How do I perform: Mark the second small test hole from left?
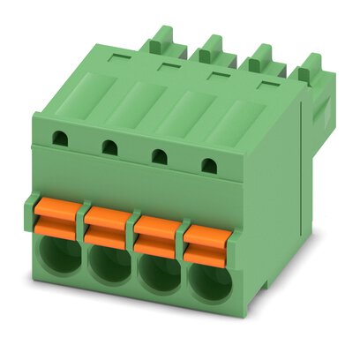(x=109, y=146)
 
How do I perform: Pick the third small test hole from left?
(x=160, y=155)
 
